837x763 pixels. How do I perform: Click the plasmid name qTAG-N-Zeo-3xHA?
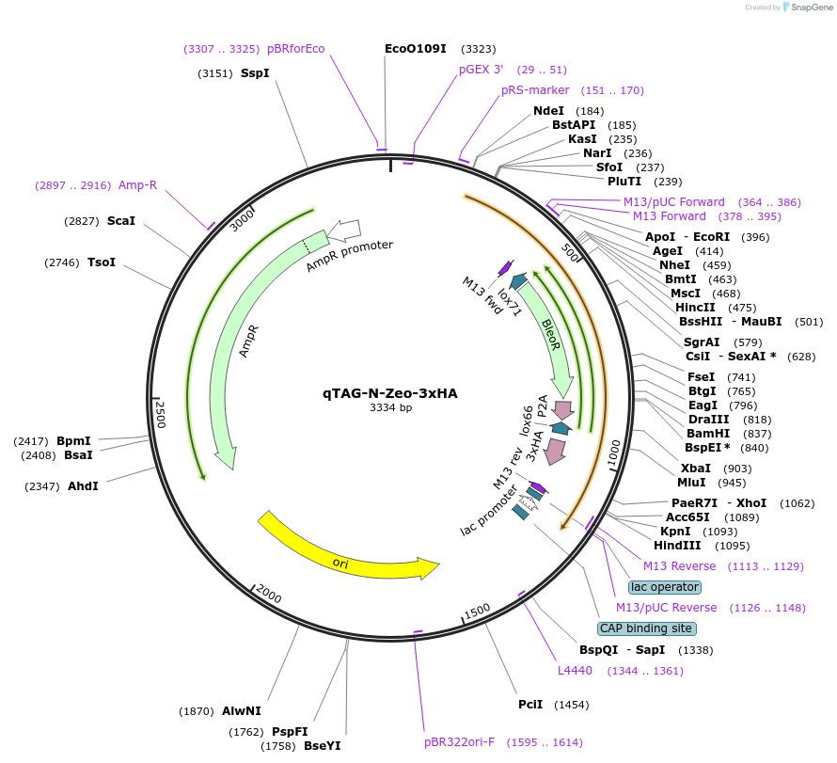[390, 393]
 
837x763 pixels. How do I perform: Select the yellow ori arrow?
[348, 549]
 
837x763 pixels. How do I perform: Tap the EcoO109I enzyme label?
[415, 48]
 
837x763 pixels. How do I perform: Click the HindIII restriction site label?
[677, 546]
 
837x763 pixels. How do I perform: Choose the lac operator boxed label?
[665, 587]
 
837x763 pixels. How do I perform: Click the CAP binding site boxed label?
[646, 628]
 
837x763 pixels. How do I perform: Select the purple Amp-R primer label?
[137, 184]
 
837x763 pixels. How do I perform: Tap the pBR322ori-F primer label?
[459, 742]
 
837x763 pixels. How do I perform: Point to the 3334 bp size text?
[390, 408]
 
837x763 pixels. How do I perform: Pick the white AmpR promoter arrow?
[344, 229]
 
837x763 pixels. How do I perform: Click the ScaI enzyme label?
[120, 221]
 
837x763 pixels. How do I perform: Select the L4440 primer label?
[575, 671]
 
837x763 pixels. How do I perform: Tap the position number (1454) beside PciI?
[572, 705]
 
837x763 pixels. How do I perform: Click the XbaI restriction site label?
[695, 468]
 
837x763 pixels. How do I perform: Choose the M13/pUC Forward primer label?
[673, 202]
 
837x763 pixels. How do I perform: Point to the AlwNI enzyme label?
[242, 711]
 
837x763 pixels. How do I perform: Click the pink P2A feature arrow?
[563, 410]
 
